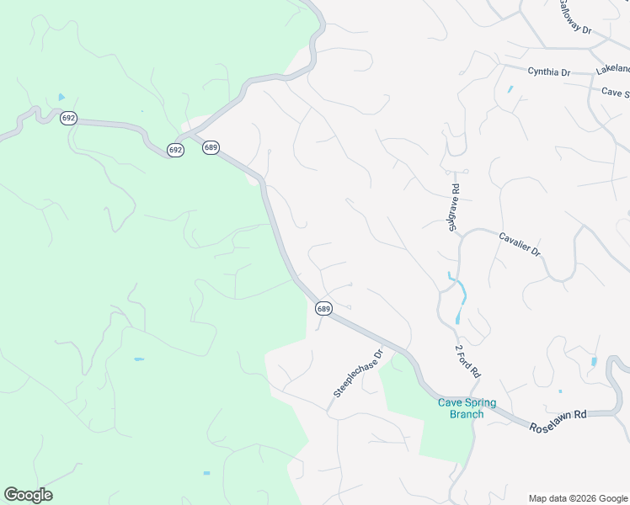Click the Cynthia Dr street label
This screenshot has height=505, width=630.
click(548, 72)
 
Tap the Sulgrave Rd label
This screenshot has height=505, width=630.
click(454, 207)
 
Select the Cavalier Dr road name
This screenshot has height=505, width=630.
click(518, 245)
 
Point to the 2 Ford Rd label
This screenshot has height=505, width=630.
click(467, 359)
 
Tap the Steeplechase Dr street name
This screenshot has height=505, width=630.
click(358, 373)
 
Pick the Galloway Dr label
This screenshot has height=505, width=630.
click(575, 18)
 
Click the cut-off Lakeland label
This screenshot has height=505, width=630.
click(612, 68)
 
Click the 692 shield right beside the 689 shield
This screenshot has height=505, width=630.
click(175, 150)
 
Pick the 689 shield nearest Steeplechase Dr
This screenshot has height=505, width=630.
click(323, 309)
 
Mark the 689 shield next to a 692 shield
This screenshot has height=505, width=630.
click(211, 147)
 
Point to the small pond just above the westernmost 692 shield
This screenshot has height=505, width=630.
click(61, 98)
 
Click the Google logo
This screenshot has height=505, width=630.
click(28, 495)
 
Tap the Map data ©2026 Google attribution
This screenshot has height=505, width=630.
click(577, 497)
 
